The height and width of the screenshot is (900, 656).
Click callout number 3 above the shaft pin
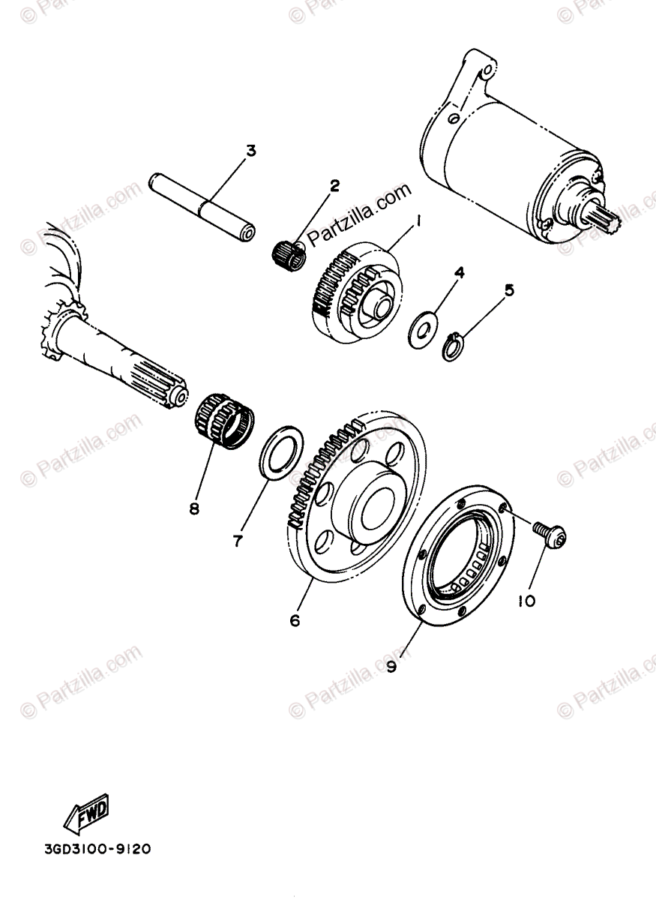pyautogui.click(x=250, y=151)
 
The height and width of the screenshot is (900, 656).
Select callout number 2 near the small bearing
pyautogui.click(x=334, y=184)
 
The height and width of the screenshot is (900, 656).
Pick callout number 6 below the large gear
pyautogui.click(x=294, y=620)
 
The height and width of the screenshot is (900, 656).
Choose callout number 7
pyautogui.click(x=238, y=540)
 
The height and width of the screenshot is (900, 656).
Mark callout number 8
pyautogui.click(x=194, y=508)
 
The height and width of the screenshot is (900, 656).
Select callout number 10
pyautogui.click(x=526, y=600)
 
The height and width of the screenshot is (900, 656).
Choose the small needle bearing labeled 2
pyautogui.click(x=289, y=253)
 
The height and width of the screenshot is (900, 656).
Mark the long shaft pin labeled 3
pyautogui.click(x=202, y=205)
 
